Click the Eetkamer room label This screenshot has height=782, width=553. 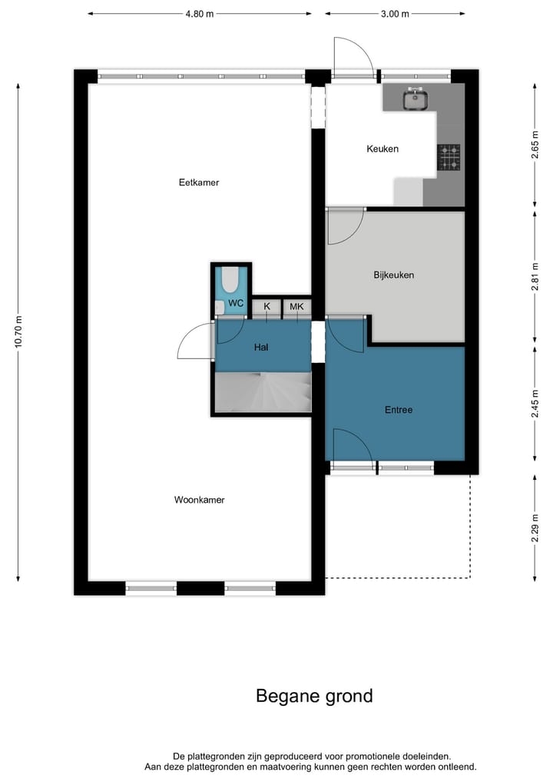(x=199, y=183)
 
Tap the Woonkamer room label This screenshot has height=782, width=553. (x=199, y=500)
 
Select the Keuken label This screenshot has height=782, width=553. (x=382, y=149)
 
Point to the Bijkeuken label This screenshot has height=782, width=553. (x=394, y=275)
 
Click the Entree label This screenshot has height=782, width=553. (x=399, y=410)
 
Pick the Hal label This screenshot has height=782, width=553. (x=261, y=348)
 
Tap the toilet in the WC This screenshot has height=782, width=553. (x=230, y=281)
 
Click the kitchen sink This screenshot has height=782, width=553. (x=416, y=98)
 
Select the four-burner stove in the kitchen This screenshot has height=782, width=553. (x=449, y=157)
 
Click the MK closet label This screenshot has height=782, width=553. (x=296, y=307)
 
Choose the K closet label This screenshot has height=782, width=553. (x=267, y=307)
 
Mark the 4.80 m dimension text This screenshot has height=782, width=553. (x=199, y=14)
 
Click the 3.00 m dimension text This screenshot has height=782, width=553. (x=395, y=14)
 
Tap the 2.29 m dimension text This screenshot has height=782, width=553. (x=535, y=527)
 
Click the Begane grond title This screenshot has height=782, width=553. (x=314, y=696)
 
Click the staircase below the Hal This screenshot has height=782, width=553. (x=263, y=392)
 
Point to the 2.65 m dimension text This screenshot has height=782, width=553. (x=535, y=145)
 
